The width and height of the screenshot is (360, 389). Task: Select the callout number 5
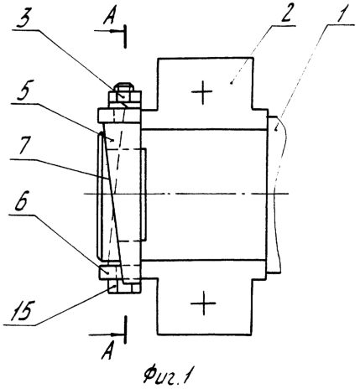23,91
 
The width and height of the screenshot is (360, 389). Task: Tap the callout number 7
24,146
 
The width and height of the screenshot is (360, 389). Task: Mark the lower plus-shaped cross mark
203,303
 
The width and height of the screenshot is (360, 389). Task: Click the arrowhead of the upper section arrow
112,31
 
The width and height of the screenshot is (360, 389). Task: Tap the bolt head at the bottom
124,288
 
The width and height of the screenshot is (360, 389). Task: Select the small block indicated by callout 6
107,272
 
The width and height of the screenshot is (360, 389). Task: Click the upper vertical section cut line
125,36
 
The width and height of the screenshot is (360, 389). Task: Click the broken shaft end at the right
275,194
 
